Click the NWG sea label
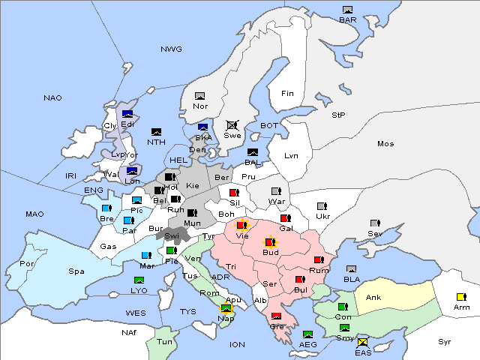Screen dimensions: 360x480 tap(171, 49)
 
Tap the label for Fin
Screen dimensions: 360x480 tap(287, 94)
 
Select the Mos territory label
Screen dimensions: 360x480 tap(385, 143)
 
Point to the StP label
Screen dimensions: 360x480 tap(338, 115)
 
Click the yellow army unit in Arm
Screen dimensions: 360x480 tap(460, 297)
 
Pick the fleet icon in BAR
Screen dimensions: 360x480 tap(347, 10)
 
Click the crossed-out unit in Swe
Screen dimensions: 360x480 tap(232, 126)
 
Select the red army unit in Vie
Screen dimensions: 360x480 tap(241, 225)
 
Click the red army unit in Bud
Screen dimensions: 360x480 tap(270, 243)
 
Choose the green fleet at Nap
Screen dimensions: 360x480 tap(226, 308)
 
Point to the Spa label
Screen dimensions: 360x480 tap(76, 271)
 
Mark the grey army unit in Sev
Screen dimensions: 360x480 tap(374, 224)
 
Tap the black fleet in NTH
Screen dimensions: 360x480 tap(156, 133)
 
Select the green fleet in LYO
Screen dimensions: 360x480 tap(138, 280)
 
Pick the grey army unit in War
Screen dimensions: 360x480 tap(276, 191)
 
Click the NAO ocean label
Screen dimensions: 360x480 tap(52, 98)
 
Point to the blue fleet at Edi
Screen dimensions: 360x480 tap(127, 115)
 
